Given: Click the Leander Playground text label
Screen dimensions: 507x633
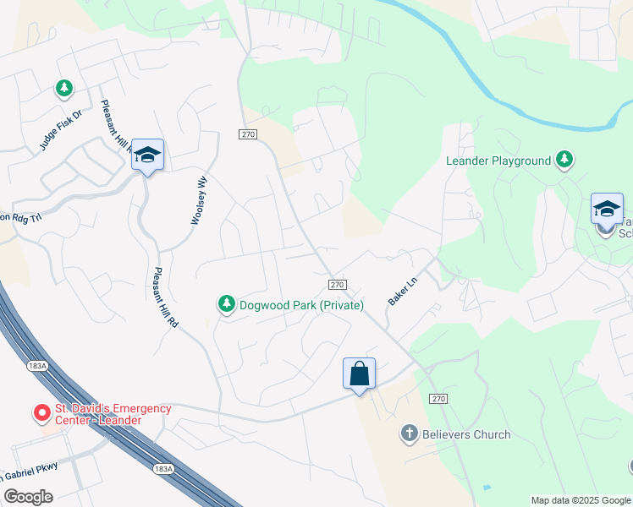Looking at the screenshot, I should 498,161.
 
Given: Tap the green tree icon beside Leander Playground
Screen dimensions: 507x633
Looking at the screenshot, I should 564,160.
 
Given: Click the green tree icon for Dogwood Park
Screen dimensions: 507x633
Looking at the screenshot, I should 226,304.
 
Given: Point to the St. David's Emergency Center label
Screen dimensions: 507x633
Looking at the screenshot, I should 113,414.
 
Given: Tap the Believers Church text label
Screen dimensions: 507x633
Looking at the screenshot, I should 467,434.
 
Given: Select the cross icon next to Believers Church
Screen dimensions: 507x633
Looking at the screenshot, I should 409,434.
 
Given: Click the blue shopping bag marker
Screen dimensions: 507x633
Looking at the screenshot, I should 359,373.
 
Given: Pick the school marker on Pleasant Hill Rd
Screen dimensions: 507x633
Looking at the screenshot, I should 147,155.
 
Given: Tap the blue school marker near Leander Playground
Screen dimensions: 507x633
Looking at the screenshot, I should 607,209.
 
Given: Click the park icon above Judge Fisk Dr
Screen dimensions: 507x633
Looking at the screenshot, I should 63,88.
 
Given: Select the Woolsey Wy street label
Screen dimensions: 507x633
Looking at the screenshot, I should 199,200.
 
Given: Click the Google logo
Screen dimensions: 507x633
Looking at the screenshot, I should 28,497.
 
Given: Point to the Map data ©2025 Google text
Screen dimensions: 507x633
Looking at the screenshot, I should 581,500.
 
